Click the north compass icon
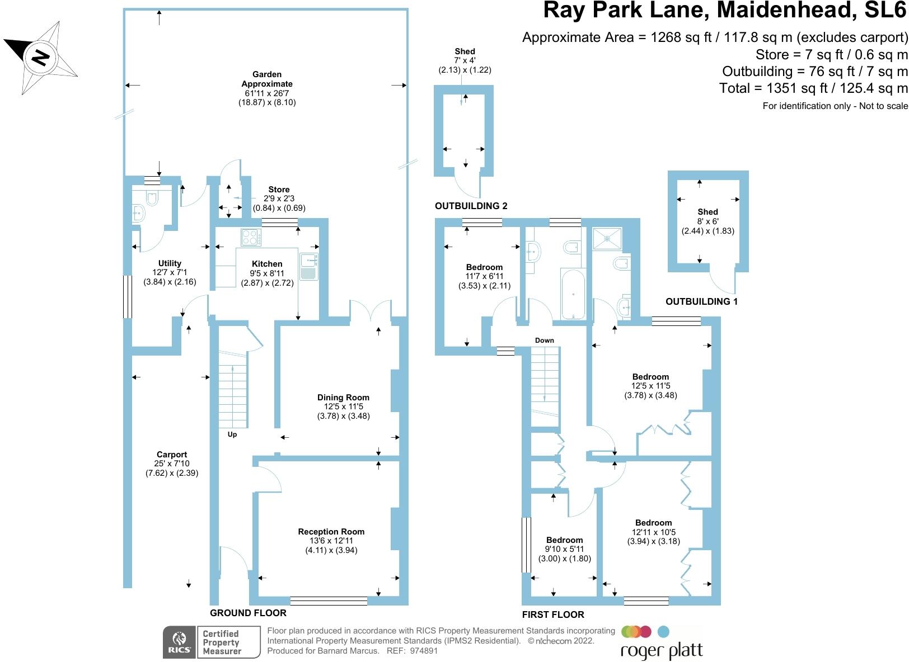click(40, 55)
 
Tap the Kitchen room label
click(267, 264)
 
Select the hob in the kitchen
click(251, 238)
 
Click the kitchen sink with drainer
click(308, 266)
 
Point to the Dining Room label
click(343, 398)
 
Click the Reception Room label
click(331, 532)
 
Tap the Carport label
click(172, 455)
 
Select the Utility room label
click(170, 263)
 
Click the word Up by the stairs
click(232, 434)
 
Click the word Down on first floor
click(544, 341)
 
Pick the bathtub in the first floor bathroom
click(573, 293)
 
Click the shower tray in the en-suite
click(607, 239)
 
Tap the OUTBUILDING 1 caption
click(701, 301)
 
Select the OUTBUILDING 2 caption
click(471, 206)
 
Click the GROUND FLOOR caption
click(248, 613)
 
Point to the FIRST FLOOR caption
click(552, 614)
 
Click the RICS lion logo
click(179, 642)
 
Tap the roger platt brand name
click(661, 650)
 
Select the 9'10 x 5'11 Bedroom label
click(564, 540)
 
